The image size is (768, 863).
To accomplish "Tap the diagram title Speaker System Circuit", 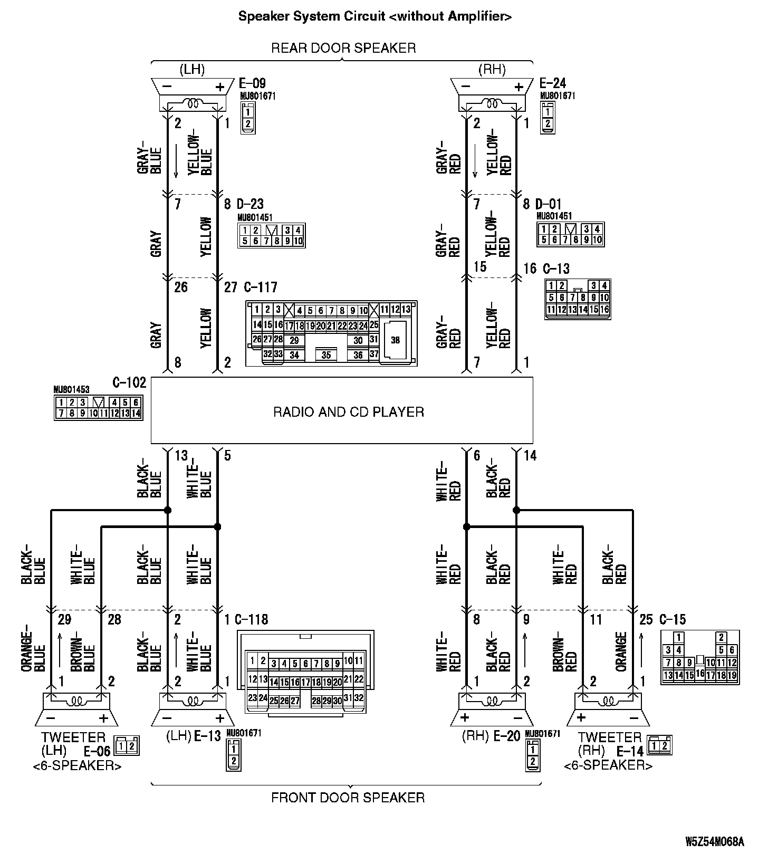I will (375, 16).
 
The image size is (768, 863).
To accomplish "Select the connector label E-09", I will (252, 83).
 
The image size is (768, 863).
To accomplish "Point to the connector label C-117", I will (260, 287).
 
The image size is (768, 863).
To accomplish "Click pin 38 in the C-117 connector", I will (395, 340).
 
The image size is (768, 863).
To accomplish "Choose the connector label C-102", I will (129, 382).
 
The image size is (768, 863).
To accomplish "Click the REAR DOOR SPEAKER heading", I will (343, 48).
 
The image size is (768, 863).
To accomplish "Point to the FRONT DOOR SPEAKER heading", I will (348, 797).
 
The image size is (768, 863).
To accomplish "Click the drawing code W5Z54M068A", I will (715, 841).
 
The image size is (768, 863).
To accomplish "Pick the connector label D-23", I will (250, 204).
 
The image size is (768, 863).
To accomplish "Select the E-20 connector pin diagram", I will (533, 755).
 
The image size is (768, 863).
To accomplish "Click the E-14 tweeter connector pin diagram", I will (660, 745).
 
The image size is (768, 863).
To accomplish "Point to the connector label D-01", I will (549, 204).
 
